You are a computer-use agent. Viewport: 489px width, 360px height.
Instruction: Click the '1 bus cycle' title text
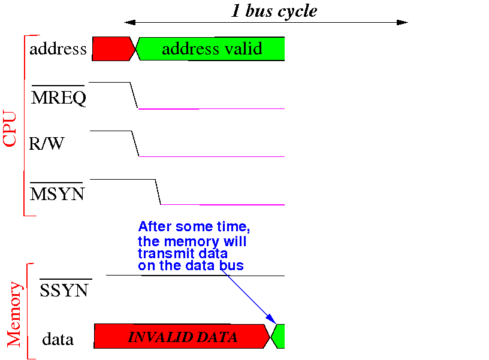pyautogui.click(x=274, y=11)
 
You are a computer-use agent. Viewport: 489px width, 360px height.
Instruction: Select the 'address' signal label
pyautogui.click(x=58, y=49)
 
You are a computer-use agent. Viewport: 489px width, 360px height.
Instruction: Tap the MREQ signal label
pyautogui.click(x=59, y=97)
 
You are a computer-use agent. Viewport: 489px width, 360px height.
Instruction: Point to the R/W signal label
pyautogui.click(x=47, y=143)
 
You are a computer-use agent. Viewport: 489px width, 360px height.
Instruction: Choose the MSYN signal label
pyautogui.click(x=57, y=193)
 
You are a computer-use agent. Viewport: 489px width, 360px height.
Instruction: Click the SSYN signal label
pyautogui.click(x=64, y=290)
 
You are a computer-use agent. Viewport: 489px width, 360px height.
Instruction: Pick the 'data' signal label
pyautogui.click(x=58, y=339)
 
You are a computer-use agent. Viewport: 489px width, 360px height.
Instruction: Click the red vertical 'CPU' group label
pyautogui.click(x=10, y=128)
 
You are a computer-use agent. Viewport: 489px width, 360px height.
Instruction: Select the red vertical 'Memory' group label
pyautogui.click(x=14, y=314)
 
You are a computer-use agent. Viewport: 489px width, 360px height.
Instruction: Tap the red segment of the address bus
pyautogui.click(x=113, y=49)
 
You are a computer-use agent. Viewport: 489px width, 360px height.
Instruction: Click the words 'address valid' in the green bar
pyautogui.click(x=212, y=49)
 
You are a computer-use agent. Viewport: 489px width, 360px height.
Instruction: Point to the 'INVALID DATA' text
pyautogui.click(x=183, y=337)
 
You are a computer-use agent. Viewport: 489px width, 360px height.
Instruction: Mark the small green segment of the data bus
pyautogui.click(x=278, y=336)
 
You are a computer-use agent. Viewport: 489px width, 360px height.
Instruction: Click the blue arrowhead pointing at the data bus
pyautogui.click(x=271, y=319)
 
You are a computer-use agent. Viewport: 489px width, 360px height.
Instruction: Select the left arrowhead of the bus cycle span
pyautogui.click(x=129, y=22)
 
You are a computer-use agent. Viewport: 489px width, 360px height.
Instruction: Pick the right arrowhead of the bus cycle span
pyautogui.click(x=402, y=22)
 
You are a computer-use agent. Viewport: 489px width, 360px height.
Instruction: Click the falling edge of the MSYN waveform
pyautogui.click(x=158, y=192)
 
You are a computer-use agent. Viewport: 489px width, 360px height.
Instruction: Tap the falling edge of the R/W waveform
pyautogui.click(x=135, y=144)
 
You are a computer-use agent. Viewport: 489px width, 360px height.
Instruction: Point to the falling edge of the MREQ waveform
pyautogui.click(x=134, y=95)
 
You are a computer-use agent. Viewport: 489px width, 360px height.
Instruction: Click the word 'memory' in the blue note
pyautogui.click(x=192, y=242)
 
